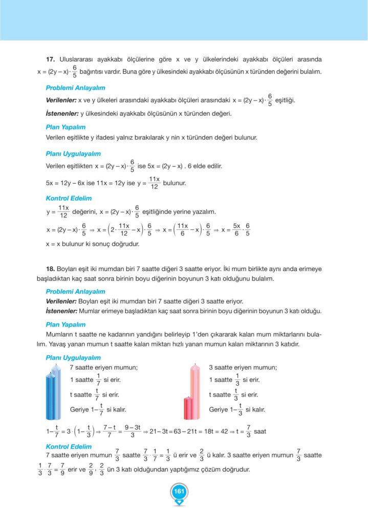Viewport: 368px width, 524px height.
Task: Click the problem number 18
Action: click(50, 268)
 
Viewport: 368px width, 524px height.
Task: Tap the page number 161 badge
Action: click(179, 492)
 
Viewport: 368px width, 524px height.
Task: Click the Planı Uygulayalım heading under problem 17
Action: click(73, 154)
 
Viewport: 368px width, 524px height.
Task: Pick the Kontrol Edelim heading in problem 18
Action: click(69, 446)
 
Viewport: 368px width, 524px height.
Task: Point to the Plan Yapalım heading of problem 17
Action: click(66, 127)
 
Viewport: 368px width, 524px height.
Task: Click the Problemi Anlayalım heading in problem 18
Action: click(75, 291)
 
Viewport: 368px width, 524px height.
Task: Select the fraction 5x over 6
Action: click(236, 229)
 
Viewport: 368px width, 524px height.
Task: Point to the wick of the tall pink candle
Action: click(196, 365)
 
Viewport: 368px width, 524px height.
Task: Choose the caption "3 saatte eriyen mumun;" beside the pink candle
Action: click(243, 367)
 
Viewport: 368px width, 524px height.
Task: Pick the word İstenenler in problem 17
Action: click(60, 113)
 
